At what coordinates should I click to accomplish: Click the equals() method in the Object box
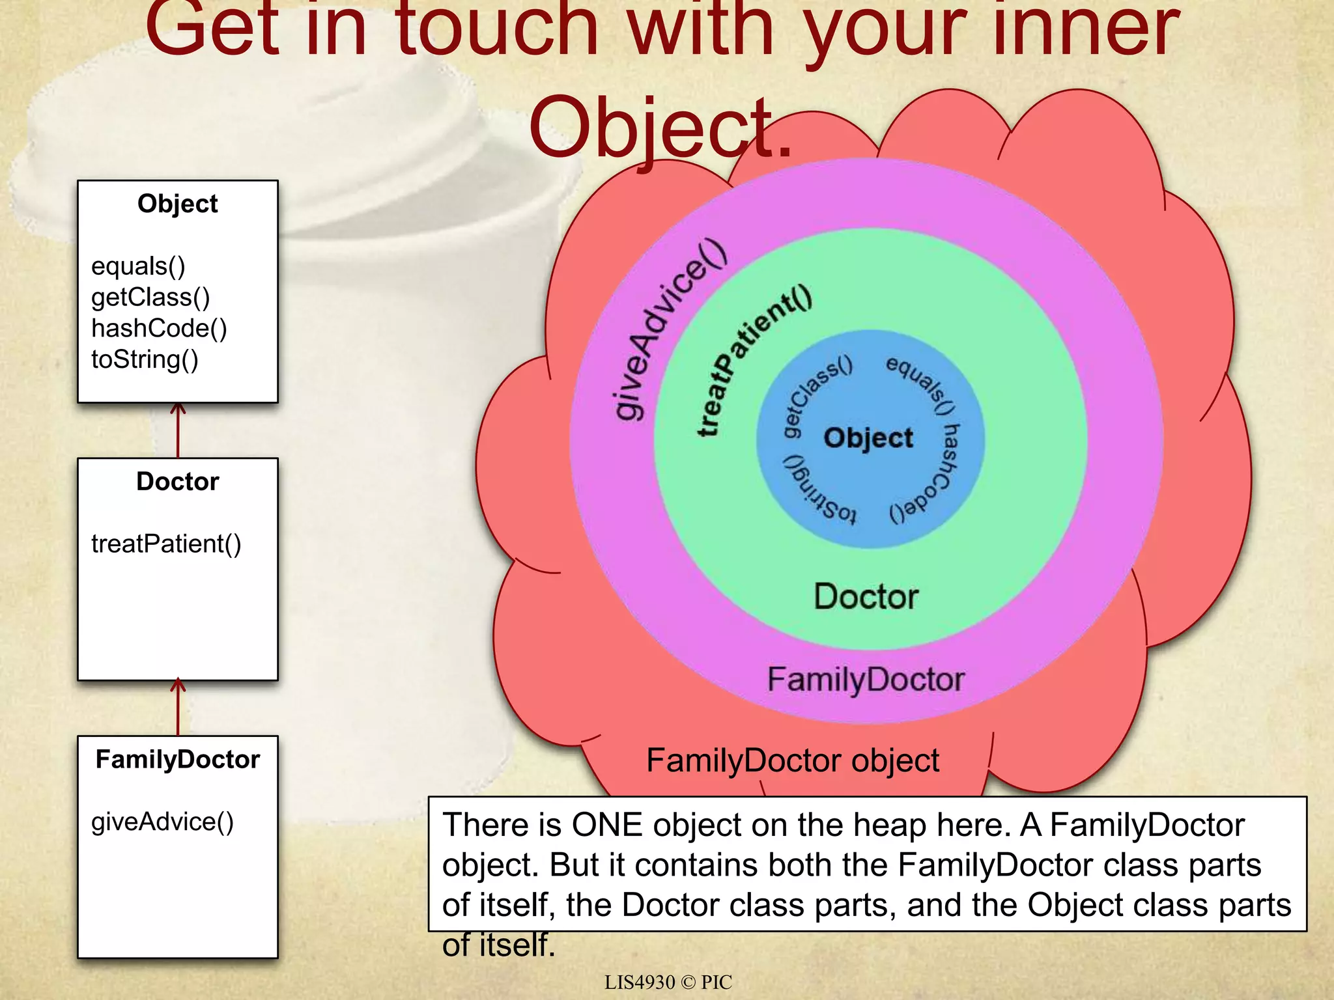point(138,266)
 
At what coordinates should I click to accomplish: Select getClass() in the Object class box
point(150,298)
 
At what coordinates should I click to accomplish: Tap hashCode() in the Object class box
point(159,329)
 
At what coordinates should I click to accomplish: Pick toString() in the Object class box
point(145,359)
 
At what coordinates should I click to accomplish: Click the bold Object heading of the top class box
point(177,204)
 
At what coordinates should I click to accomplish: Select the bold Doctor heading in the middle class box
point(177,482)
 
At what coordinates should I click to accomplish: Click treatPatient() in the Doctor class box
point(166,544)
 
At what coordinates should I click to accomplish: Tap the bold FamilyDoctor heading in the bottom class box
point(177,760)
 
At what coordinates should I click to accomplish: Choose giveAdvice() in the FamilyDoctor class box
point(162,822)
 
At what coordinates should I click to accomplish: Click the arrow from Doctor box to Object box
point(178,430)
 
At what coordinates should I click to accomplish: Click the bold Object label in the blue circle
point(868,438)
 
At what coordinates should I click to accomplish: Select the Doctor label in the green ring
point(866,596)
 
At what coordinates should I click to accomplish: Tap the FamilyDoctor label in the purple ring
point(866,680)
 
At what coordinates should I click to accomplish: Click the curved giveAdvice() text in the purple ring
point(668,329)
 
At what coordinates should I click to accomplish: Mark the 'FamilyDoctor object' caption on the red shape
point(793,760)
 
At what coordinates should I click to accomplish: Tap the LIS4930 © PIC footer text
point(668,982)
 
